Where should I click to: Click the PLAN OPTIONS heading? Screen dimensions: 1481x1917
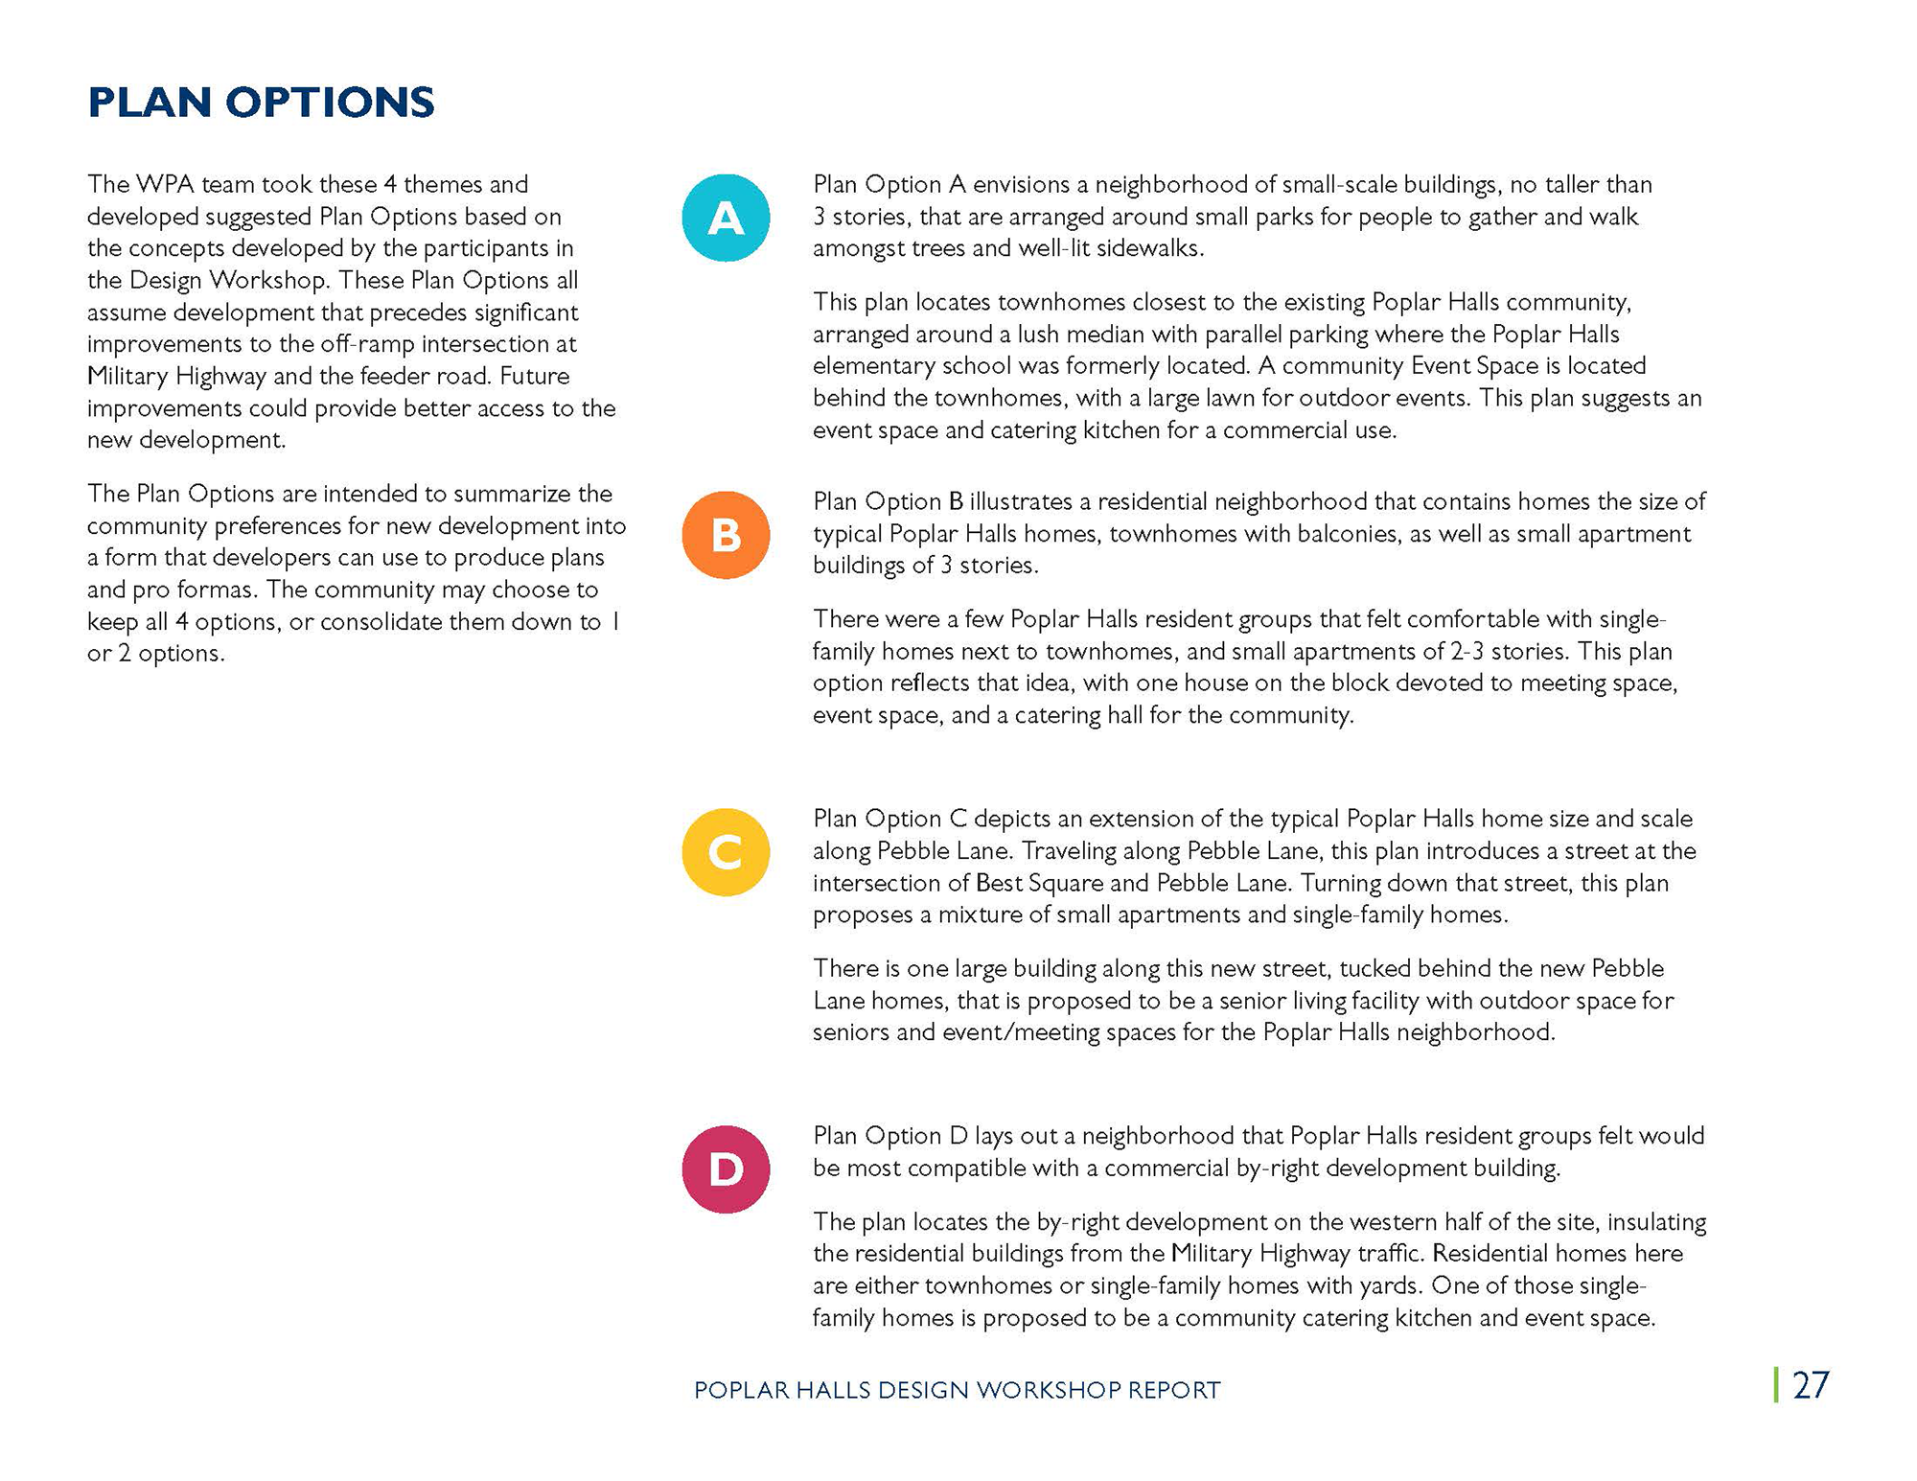[x=261, y=103]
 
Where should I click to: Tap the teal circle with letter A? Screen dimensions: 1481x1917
[x=726, y=218]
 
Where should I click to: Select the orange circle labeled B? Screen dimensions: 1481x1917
[x=726, y=535]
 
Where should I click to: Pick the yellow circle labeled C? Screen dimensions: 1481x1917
[x=726, y=852]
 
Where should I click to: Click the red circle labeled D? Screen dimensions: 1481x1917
[x=726, y=1169]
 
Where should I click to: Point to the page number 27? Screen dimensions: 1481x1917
[x=1811, y=1385]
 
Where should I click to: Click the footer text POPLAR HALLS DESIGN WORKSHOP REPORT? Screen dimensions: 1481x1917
[x=957, y=1390]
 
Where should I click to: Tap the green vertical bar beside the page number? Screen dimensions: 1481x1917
[x=1776, y=1385]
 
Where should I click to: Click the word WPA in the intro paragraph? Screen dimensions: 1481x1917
[x=171, y=184]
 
